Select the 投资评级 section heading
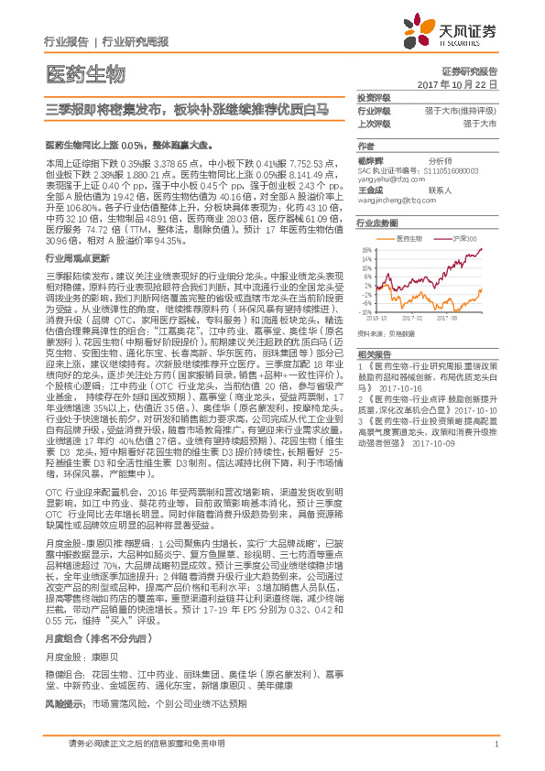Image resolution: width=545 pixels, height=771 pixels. [x=373, y=97]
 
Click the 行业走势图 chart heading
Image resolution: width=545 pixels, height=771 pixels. [x=376, y=223]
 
